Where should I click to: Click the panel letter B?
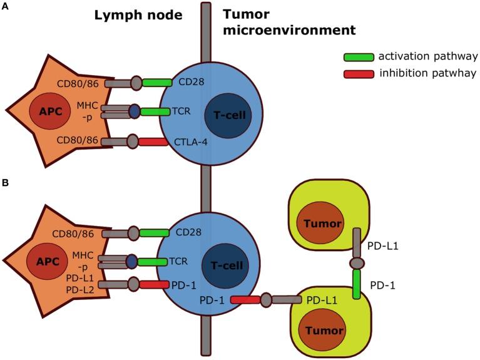tap(5, 185)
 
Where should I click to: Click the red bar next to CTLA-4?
tap(156, 142)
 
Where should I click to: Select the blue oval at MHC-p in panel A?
tap(134, 112)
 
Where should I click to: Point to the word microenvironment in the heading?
tap(292, 29)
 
